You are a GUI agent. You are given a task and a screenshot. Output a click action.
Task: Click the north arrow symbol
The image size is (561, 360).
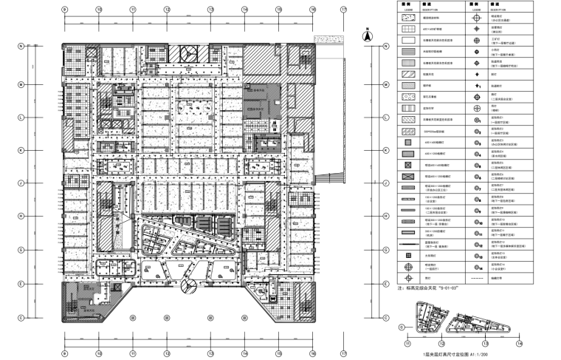pyautogui.click(x=365, y=33)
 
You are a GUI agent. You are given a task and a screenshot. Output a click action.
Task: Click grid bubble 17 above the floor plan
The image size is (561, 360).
pyautogui.click(x=343, y=10)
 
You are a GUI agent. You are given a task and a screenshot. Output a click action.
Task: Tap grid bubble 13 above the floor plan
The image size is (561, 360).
pyautogui.click(x=210, y=10)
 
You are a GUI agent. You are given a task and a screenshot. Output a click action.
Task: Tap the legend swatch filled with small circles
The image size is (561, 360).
pyautogui.click(x=406, y=95)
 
